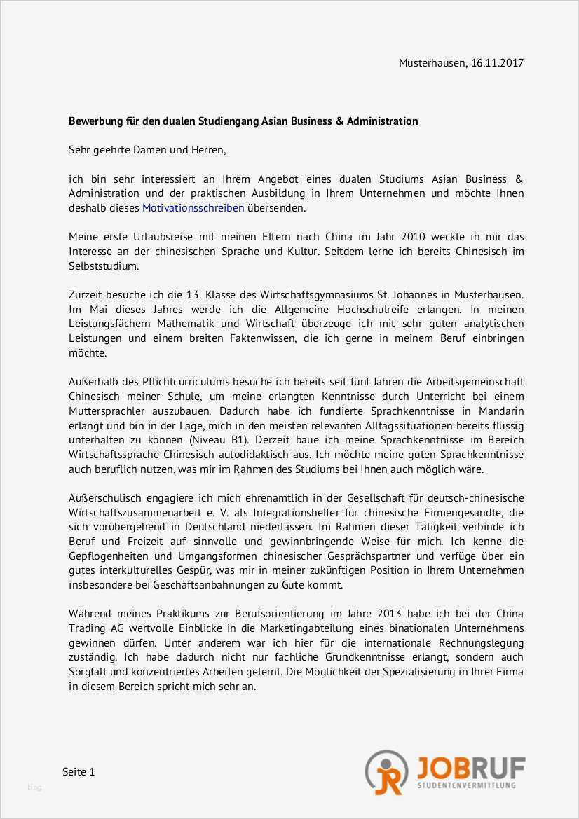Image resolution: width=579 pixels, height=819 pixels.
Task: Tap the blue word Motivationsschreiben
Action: [193, 208]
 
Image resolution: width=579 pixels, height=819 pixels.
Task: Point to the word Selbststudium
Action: [104, 266]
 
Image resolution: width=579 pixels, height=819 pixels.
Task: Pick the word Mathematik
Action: [189, 324]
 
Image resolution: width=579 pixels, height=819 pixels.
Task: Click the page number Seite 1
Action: [79, 772]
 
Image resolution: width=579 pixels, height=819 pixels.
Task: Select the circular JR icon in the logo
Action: [386, 771]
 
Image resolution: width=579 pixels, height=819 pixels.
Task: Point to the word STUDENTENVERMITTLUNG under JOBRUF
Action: [466, 786]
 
